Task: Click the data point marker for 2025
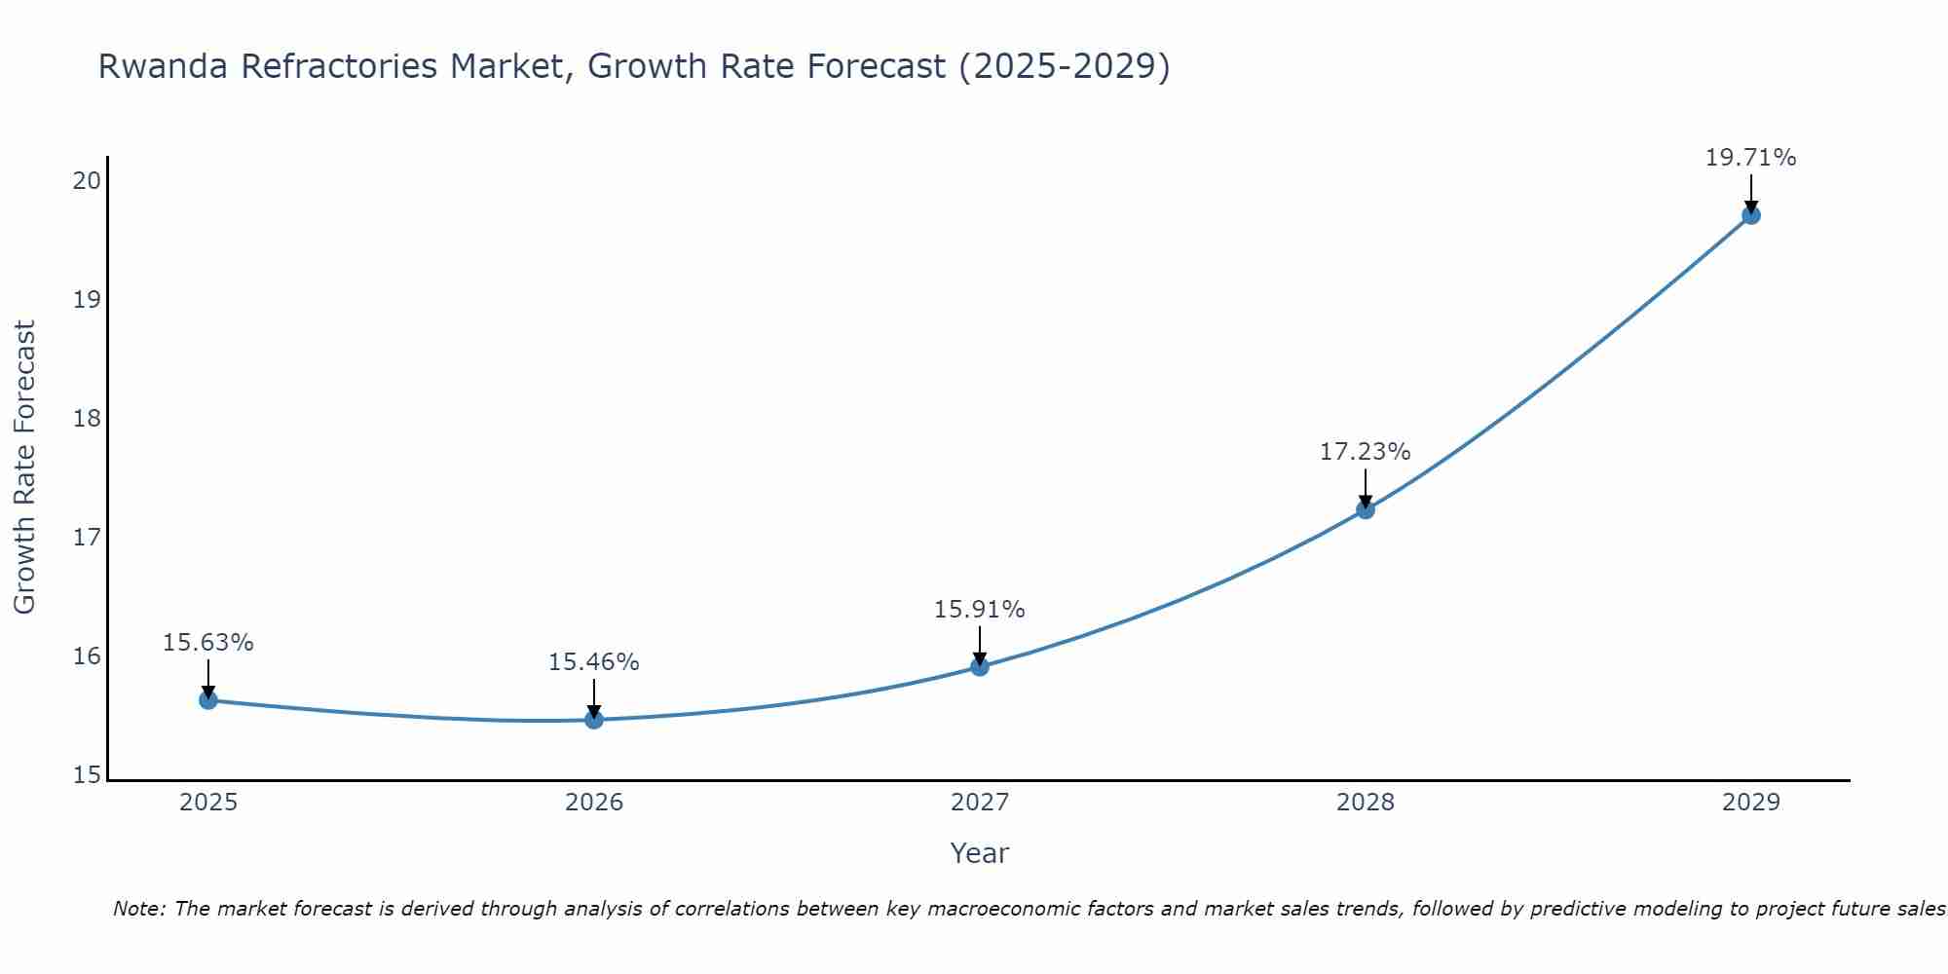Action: tap(208, 699)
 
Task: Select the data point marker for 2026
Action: tap(594, 720)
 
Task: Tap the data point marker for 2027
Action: tap(980, 666)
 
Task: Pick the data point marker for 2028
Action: tap(1366, 509)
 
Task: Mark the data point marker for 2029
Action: tap(1750, 215)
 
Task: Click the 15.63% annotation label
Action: tap(207, 643)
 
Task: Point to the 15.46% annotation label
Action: tap(593, 662)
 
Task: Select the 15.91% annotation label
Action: tap(979, 610)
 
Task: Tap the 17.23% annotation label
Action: tap(1365, 452)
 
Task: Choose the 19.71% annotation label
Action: tap(1750, 158)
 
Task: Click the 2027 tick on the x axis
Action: tap(980, 803)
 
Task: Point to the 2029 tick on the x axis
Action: tap(1750, 803)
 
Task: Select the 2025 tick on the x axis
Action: tap(208, 803)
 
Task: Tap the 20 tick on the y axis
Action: tap(87, 180)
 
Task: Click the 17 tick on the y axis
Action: tap(87, 537)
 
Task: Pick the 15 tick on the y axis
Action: tap(87, 775)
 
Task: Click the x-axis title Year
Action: tap(979, 853)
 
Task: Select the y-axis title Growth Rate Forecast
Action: tap(25, 468)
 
